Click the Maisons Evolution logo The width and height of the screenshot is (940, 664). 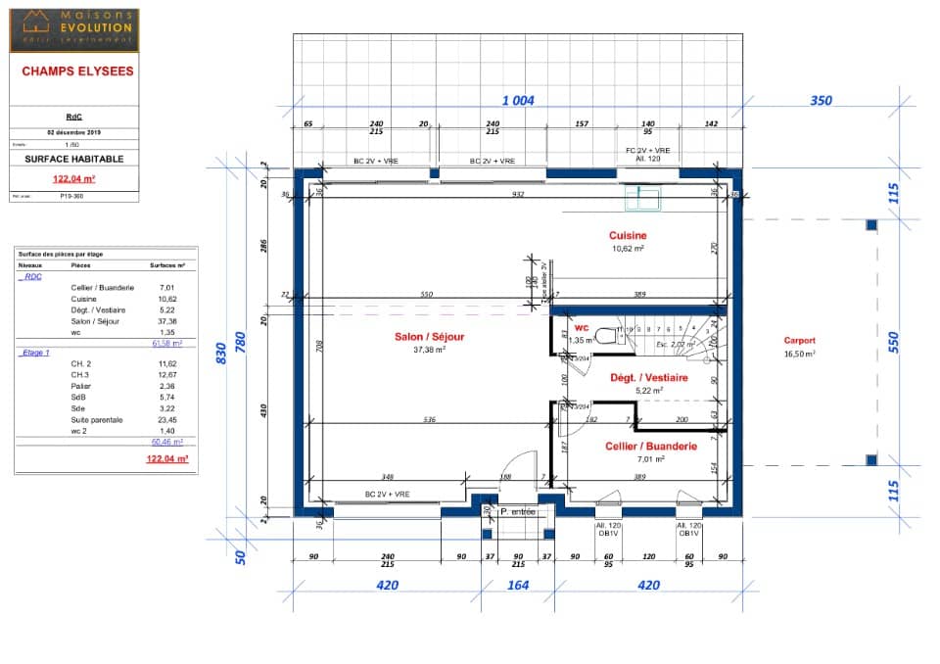click(74, 29)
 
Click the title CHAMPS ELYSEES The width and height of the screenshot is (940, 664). click(77, 71)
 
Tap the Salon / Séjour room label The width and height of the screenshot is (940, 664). click(429, 337)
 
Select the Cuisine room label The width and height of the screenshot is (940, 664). click(628, 236)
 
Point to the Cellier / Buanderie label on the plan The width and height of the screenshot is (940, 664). click(650, 447)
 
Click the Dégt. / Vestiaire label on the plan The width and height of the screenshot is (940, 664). click(649, 377)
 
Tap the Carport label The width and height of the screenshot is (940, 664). click(799, 341)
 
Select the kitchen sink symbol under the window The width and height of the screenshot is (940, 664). click(644, 199)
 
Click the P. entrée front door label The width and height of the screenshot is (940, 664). click(517, 511)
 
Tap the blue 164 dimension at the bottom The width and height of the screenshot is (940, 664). click(517, 586)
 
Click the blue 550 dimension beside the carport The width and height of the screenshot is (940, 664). click(893, 341)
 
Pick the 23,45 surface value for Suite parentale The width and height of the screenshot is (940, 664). click(167, 419)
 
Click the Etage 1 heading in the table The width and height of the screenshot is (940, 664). click(34, 352)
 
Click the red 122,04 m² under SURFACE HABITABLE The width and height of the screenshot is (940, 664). click(73, 179)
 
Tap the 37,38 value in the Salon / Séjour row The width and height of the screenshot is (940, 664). click(167, 320)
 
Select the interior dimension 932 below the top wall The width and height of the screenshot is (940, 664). click(518, 195)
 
